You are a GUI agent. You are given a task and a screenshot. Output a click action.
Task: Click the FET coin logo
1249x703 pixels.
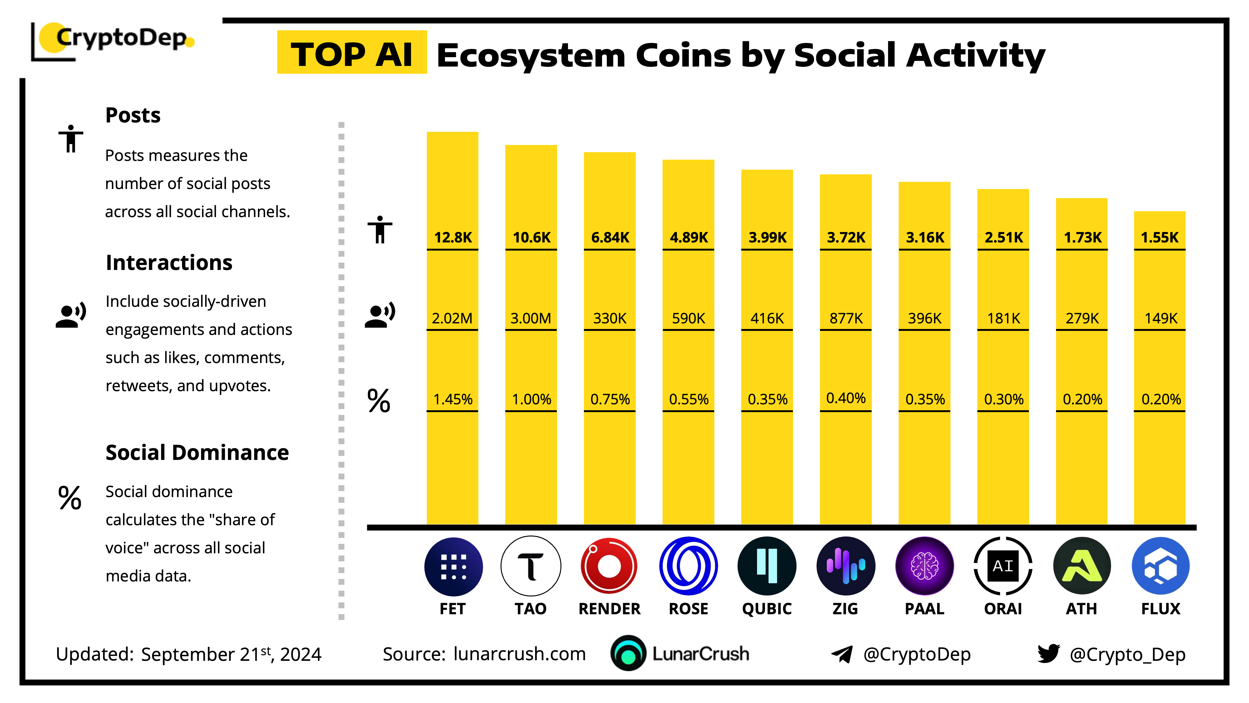point(453,566)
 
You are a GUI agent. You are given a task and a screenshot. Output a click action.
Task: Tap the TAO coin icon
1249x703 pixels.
point(531,566)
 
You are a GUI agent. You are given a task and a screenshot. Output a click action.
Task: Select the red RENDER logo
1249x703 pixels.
point(609,566)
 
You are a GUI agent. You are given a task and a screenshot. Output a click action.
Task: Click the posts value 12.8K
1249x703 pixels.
point(453,237)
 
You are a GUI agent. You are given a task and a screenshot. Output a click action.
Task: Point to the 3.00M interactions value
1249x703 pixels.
point(531,318)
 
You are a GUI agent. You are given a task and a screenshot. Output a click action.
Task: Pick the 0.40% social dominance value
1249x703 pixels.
point(846,398)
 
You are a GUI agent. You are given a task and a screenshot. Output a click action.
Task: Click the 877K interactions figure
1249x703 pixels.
point(846,318)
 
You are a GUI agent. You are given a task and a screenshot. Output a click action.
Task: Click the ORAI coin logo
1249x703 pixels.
point(1003,566)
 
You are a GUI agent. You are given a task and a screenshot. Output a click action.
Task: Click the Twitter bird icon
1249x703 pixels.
point(1048,654)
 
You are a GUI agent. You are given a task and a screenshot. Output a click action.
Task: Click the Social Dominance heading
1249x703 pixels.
point(197,453)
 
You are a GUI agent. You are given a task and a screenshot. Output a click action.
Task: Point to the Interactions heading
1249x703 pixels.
point(169,262)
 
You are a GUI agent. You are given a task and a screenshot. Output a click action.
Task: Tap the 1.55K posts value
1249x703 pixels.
point(1159,237)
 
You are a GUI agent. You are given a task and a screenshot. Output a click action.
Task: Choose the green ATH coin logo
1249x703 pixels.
point(1082,566)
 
